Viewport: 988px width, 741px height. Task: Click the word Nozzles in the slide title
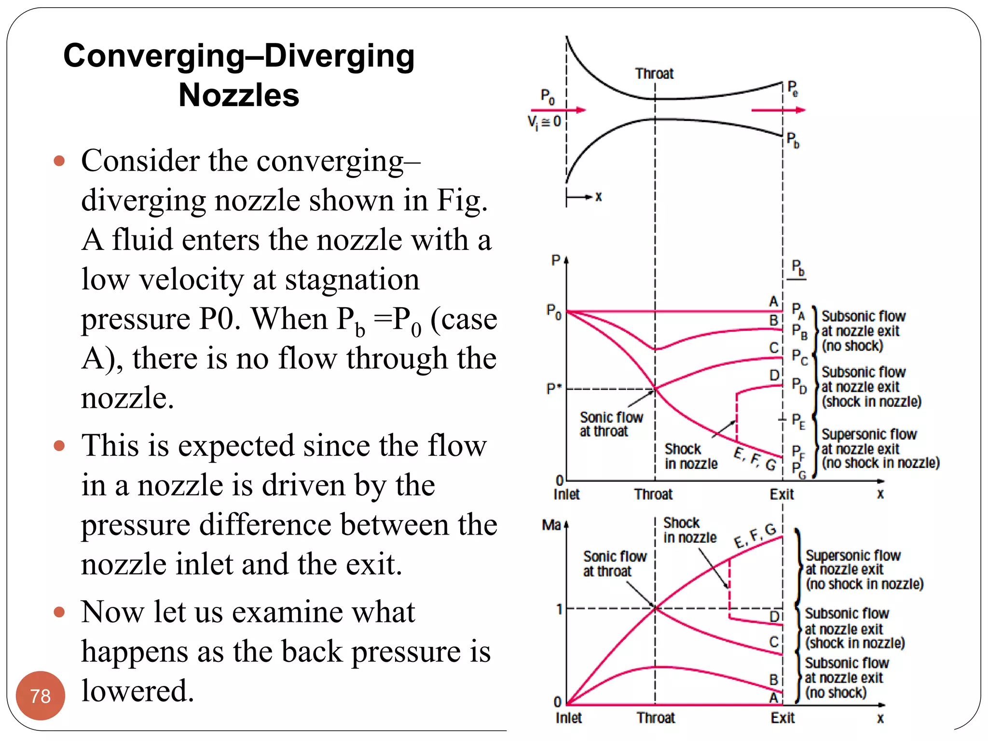[x=239, y=95]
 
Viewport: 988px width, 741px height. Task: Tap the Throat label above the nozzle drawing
[x=654, y=74]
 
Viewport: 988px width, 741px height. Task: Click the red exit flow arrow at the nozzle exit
[x=778, y=110]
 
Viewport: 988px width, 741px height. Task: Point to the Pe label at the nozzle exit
[x=793, y=89]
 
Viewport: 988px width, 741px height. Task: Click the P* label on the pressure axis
[x=553, y=388]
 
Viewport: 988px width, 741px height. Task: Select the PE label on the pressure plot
[x=798, y=421]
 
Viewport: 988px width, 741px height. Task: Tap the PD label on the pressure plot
[x=799, y=386]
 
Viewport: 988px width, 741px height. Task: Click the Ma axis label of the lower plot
[x=551, y=525]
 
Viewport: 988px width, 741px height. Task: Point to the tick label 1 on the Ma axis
[x=559, y=609]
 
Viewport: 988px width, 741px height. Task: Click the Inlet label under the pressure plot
[x=566, y=494]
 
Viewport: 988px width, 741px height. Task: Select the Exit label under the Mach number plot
[x=782, y=718]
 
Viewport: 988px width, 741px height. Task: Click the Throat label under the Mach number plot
[x=655, y=718]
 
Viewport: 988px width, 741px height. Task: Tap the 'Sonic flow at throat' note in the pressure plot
[x=611, y=424]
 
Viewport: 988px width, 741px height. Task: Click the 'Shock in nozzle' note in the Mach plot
[x=689, y=530]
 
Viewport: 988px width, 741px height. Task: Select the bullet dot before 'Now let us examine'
[x=59, y=612]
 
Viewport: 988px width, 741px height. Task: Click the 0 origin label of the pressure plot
[x=559, y=480]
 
